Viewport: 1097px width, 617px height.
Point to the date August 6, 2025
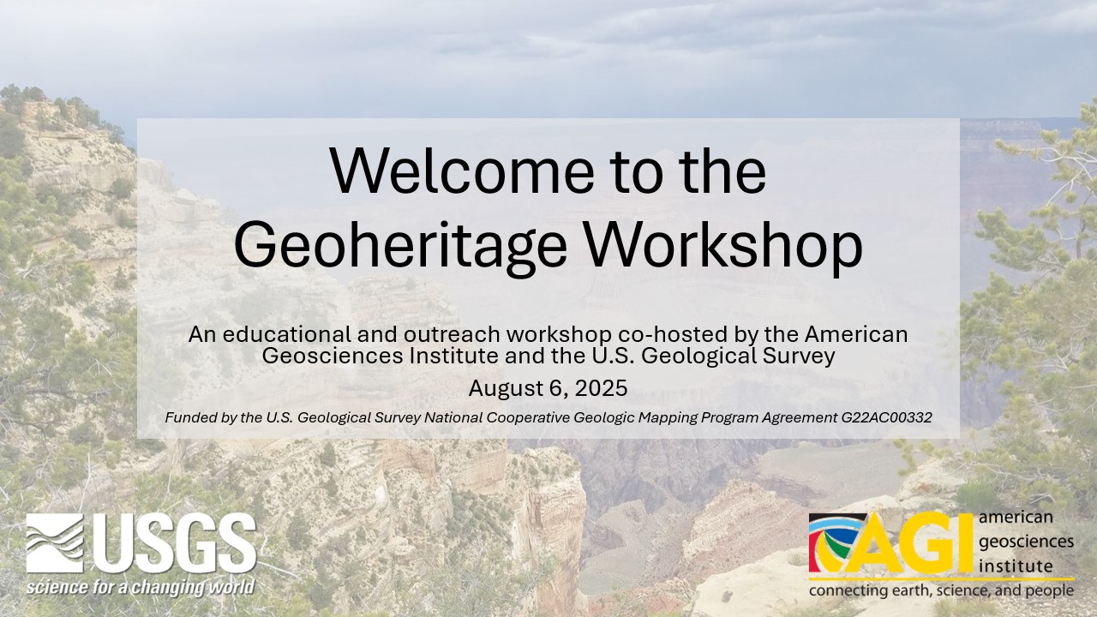coord(548,388)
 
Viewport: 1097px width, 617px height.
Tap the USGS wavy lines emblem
coord(55,543)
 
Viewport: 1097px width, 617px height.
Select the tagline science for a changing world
coord(140,588)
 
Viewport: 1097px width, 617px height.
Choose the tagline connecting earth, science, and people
coord(941,591)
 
